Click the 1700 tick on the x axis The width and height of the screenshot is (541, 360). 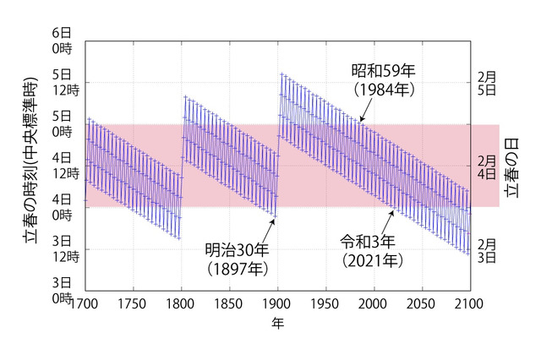[x=86, y=303]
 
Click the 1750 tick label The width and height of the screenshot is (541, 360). [x=134, y=303]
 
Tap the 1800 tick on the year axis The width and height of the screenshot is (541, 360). [x=182, y=303]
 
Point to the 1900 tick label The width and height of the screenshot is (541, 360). [x=277, y=303]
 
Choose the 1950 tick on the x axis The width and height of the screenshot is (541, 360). [x=325, y=303]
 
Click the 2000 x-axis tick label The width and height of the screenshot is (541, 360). [x=373, y=303]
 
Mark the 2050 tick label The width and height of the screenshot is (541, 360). [x=421, y=303]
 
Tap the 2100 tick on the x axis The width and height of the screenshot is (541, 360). [x=468, y=303]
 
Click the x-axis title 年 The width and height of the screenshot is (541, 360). [x=277, y=324]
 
